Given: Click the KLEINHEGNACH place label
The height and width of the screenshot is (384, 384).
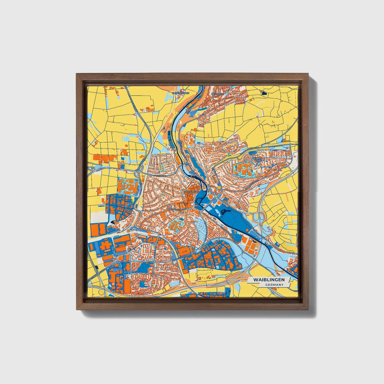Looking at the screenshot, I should [x=180, y=93].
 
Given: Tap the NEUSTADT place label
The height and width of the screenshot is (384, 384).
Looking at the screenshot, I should [x=216, y=94].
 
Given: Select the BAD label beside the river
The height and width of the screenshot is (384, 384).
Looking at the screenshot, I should [x=189, y=110].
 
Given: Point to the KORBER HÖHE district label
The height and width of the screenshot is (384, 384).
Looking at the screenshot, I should [x=258, y=159].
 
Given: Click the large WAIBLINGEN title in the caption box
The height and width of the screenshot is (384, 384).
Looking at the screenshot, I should [x=269, y=280].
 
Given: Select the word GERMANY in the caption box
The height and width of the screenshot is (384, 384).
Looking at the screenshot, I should [x=274, y=285].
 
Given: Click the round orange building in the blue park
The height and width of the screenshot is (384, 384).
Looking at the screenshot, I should [x=210, y=197].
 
